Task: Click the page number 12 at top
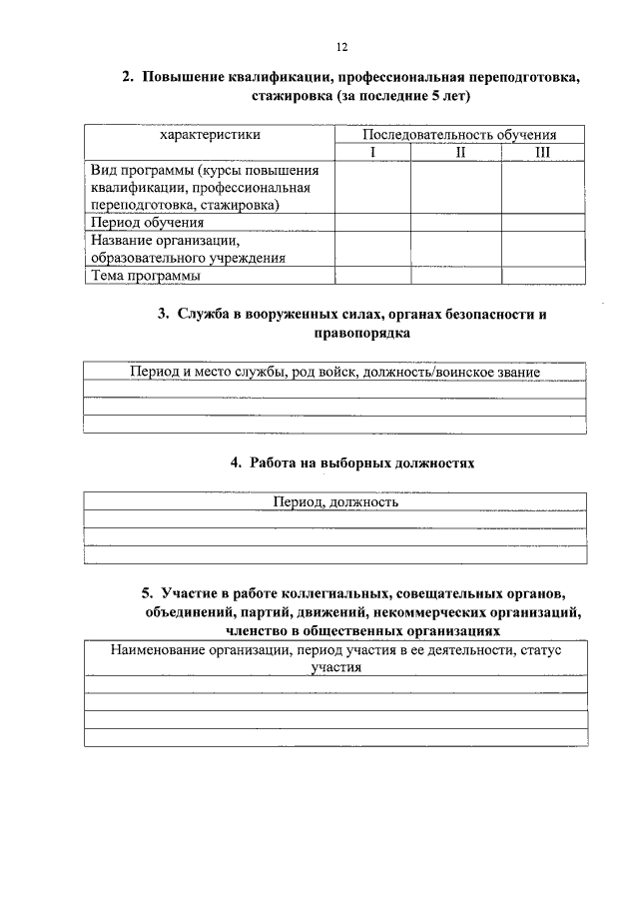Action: click(x=341, y=47)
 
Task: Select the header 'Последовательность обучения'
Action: click(x=459, y=134)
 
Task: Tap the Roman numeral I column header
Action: click(x=372, y=152)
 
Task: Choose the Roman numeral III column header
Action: click(x=542, y=152)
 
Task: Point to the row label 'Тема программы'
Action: click(x=145, y=276)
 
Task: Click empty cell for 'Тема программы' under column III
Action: click(x=542, y=276)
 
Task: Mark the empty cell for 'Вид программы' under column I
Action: click(x=372, y=188)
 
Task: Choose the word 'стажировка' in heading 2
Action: click(x=288, y=97)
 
